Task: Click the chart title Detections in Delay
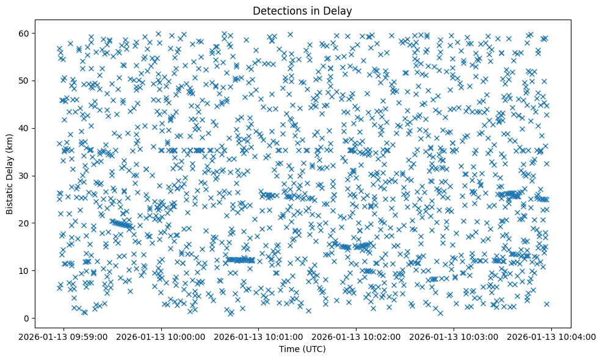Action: coord(302,11)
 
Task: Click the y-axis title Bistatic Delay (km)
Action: coord(10,175)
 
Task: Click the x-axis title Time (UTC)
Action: coord(302,349)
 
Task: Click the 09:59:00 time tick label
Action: coord(63,336)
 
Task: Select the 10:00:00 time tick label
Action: coord(161,336)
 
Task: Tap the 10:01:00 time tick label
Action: coord(258,336)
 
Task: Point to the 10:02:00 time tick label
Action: coord(356,336)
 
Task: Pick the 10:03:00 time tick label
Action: coord(454,336)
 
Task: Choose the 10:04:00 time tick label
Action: coord(551,336)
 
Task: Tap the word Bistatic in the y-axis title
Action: coord(10,195)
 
